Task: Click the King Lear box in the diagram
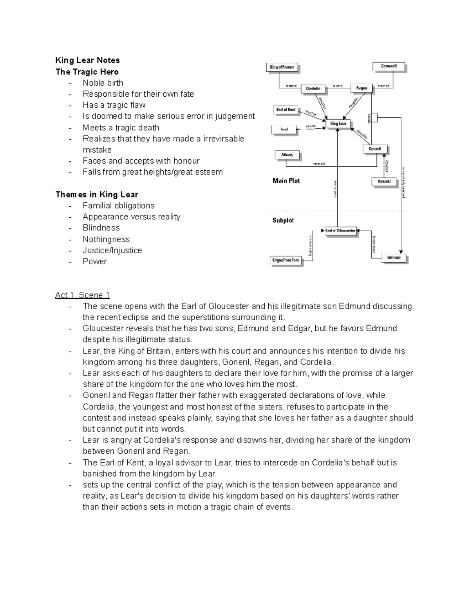[338, 124]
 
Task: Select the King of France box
[282, 67]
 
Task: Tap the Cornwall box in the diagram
[389, 67]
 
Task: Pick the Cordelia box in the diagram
[313, 88]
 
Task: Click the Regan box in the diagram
[362, 88]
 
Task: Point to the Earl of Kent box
[286, 110]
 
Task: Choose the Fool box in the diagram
[284, 129]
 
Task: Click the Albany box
[287, 155]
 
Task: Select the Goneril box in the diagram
[375, 149]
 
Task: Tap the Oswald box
[384, 182]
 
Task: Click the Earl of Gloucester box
[340, 231]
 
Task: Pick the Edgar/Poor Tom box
[286, 260]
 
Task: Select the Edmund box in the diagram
[394, 258]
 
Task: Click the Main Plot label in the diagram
[286, 181]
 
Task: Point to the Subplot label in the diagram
[283, 220]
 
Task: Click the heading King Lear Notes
[87, 60]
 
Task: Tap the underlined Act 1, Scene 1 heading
[83, 295]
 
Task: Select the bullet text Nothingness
[106, 239]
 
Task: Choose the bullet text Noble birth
[103, 83]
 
